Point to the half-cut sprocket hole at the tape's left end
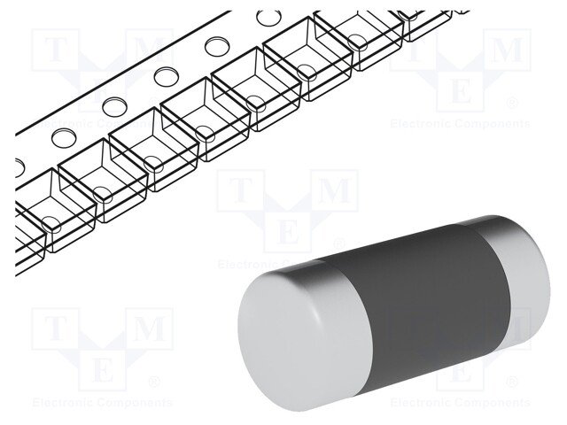click(19, 166)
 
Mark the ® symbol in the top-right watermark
click(512, 104)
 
